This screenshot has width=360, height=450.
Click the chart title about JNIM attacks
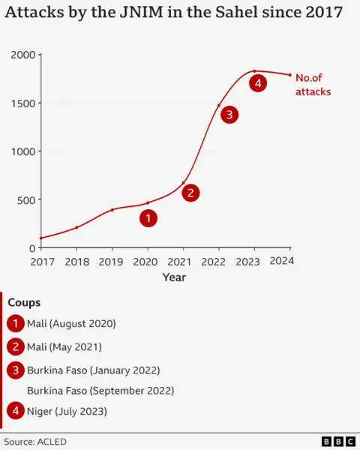coord(173,13)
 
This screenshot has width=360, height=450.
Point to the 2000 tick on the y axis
coord(22,55)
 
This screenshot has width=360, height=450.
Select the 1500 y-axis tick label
coord(22,103)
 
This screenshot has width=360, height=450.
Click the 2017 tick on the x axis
coord(40,262)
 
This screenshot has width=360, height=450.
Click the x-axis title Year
coord(174,277)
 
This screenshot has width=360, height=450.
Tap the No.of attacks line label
coord(313,84)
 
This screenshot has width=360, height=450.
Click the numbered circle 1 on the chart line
coord(148,218)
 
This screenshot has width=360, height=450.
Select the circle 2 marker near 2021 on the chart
coord(191,193)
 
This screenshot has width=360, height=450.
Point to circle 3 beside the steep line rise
coord(229,114)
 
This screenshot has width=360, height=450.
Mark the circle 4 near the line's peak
coord(258,83)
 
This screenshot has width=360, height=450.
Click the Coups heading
coord(24,302)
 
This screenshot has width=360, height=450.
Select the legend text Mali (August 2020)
coord(71,324)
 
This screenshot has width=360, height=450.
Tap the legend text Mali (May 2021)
coord(64,346)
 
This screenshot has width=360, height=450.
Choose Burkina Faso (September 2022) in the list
coord(100,390)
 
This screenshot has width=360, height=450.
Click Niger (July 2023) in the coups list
coord(67,411)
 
